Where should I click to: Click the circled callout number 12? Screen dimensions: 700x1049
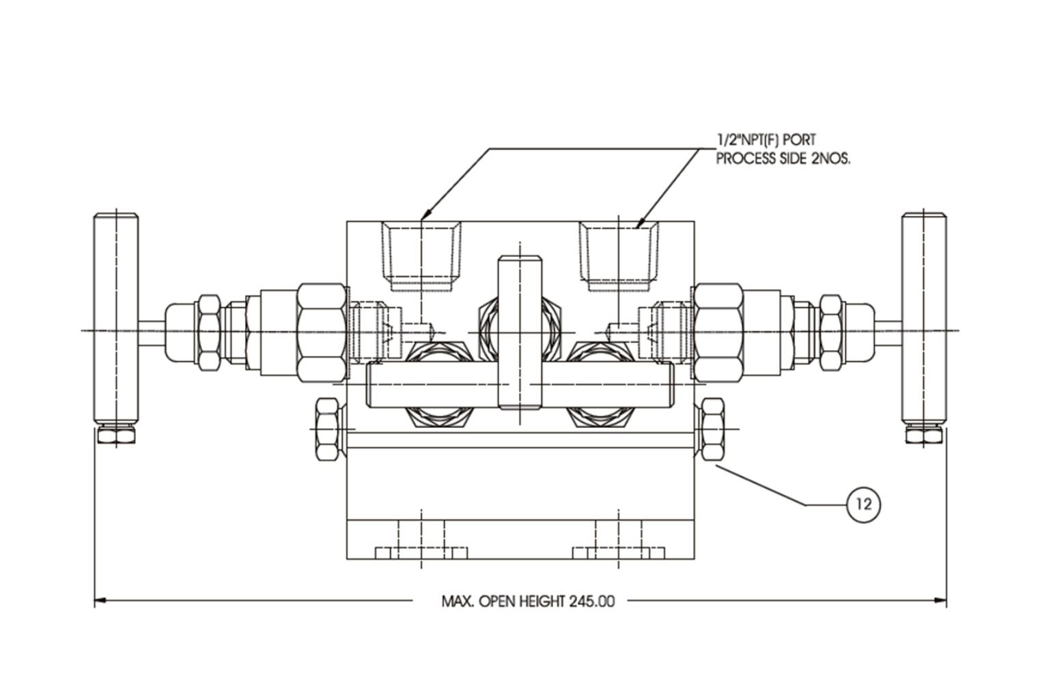point(863,505)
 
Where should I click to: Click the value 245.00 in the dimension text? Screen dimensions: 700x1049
point(591,602)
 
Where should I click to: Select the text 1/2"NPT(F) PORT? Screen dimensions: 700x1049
point(766,141)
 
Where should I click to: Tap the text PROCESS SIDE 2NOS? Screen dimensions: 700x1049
point(783,159)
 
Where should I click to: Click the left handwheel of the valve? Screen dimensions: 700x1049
point(116,318)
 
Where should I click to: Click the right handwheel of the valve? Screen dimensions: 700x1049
point(923,318)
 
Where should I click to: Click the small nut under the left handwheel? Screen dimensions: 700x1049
point(116,435)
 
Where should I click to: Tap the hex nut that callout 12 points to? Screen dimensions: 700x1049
point(712,429)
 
